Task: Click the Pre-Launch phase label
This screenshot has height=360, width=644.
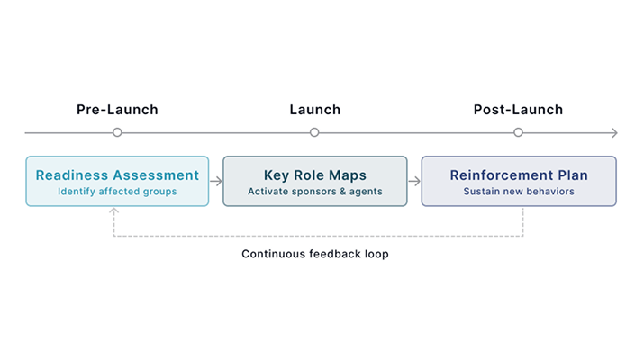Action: [x=117, y=110]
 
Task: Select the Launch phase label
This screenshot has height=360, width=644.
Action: [x=314, y=110]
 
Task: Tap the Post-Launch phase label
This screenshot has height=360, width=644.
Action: [x=518, y=110]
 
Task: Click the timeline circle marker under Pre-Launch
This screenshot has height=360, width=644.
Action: [x=117, y=132]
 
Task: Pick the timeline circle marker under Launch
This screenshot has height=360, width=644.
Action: [x=314, y=132]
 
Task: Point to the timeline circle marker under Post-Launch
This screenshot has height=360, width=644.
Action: [x=518, y=132]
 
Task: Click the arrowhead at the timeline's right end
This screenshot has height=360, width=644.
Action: [x=614, y=133]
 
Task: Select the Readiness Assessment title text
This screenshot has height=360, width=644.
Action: [x=117, y=175]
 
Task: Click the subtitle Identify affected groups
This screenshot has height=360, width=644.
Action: [x=117, y=192]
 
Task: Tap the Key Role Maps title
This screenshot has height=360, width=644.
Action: [x=314, y=175]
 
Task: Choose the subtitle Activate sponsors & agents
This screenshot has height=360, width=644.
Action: [x=314, y=192]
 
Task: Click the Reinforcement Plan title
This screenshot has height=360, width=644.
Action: [x=518, y=175]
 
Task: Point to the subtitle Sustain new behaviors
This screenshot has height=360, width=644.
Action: [x=518, y=192]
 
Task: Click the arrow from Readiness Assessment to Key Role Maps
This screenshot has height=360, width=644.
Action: [x=216, y=181]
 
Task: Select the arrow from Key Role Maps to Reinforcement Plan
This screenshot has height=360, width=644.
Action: [x=414, y=181]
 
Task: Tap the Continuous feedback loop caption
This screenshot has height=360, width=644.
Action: [x=314, y=255]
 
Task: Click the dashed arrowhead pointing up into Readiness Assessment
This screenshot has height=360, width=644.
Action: [x=113, y=211]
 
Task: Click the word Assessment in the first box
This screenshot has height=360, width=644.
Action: [x=155, y=175]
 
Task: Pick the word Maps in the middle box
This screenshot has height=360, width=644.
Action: [x=349, y=175]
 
